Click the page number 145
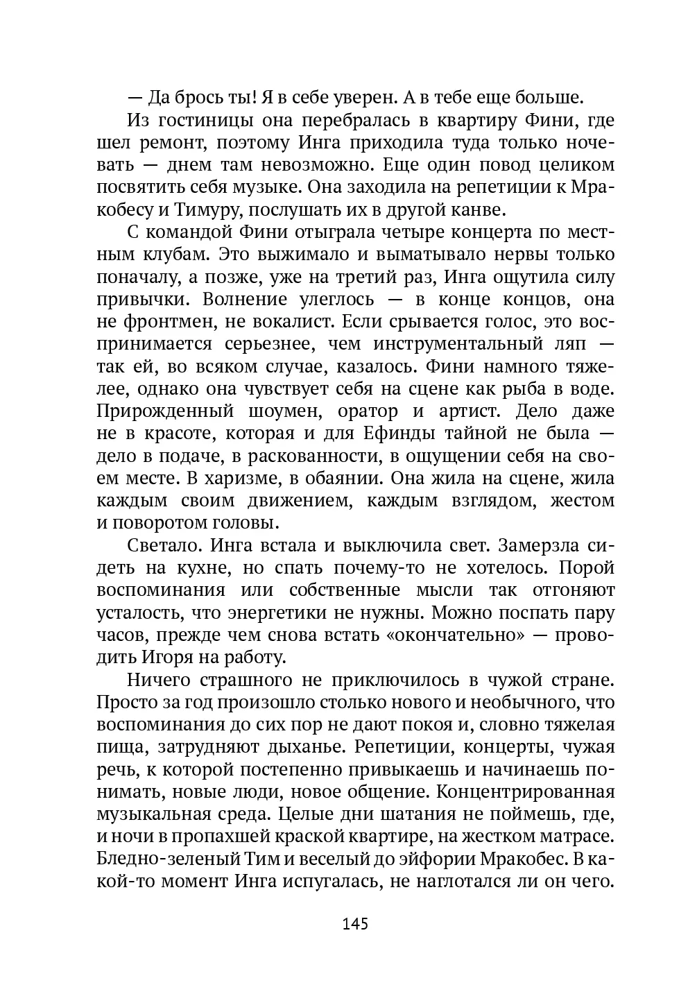tap(354, 924)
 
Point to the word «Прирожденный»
tap(165, 411)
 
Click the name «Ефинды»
tap(399, 434)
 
